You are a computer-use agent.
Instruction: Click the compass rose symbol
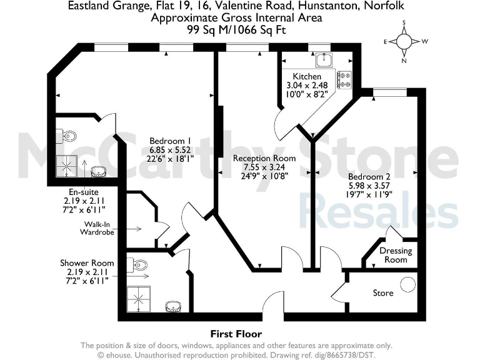[x=404, y=42]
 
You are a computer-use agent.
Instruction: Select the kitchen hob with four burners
[x=344, y=79]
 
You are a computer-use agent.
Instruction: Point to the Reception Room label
[x=264, y=158]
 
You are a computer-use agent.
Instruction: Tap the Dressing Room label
[x=396, y=255]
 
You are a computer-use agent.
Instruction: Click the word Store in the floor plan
[x=382, y=292]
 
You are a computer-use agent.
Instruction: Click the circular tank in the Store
[x=407, y=284]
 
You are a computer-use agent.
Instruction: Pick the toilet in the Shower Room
[x=138, y=264]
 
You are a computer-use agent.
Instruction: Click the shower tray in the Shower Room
[x=138, y=299]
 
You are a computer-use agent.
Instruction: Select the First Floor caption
[x=236, y=334]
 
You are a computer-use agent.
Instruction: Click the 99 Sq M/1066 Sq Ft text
[x=236, y=29]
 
